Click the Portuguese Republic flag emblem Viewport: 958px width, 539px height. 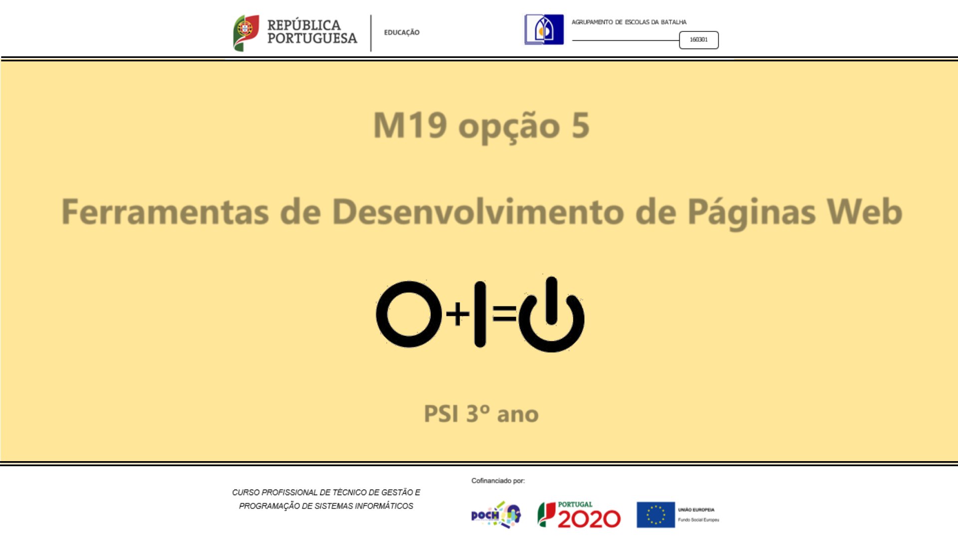[x=246, y=33]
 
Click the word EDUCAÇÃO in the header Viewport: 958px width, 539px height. [x=402, y=32]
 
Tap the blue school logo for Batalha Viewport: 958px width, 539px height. [x=544, y=30]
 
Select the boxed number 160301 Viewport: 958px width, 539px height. [x=699, y=40]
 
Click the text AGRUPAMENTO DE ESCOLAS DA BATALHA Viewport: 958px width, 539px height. [x=629, y=22]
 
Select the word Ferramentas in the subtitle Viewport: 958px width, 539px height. [x=165, y=212]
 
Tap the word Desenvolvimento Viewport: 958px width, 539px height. [x=478, y=211]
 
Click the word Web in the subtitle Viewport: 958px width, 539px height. [x=865, y=211]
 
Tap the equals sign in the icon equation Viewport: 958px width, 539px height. [x=504, y=313]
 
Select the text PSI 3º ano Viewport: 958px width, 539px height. [x=481, y=414]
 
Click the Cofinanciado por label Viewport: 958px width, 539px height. [x=498, y=481]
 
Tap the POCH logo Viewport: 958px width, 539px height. [x=496, y=515]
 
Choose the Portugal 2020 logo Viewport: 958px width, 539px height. [x=579, y=515]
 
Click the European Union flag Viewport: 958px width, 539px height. [x=656, y=515]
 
